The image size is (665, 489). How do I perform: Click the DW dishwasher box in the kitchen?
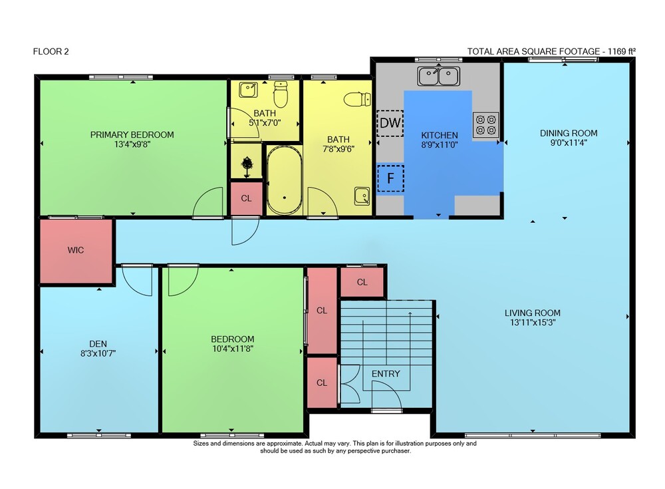point(390,123)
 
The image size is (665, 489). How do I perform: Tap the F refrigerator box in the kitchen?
point(390,178)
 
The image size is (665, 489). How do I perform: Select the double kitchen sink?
point(438,76)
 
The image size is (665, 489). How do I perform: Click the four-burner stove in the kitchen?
point(485,125)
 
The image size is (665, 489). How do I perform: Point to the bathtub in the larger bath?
point(284,180)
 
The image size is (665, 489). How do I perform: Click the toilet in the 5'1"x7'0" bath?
point(281,94)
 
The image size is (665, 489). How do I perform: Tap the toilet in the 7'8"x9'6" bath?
point(357,100)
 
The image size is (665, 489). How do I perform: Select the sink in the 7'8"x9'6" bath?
point(362,196)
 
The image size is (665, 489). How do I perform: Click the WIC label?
point(76,250)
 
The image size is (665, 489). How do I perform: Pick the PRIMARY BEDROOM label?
point(132,134)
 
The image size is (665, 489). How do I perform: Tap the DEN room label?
point(98,344)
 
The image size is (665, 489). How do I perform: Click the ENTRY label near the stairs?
point(386,373)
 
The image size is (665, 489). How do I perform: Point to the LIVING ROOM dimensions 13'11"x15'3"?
point(533,323)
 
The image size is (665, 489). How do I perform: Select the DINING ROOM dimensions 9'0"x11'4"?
point(569,142)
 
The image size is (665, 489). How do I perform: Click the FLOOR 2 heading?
point(51,51)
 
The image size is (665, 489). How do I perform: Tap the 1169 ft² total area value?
point(622,51)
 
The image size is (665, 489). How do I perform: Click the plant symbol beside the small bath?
point(247,166)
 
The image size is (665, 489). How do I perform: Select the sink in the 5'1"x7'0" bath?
point(247,90)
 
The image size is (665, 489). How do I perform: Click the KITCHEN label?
point(440,135)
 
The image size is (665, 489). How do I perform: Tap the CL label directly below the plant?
point(246,198)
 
